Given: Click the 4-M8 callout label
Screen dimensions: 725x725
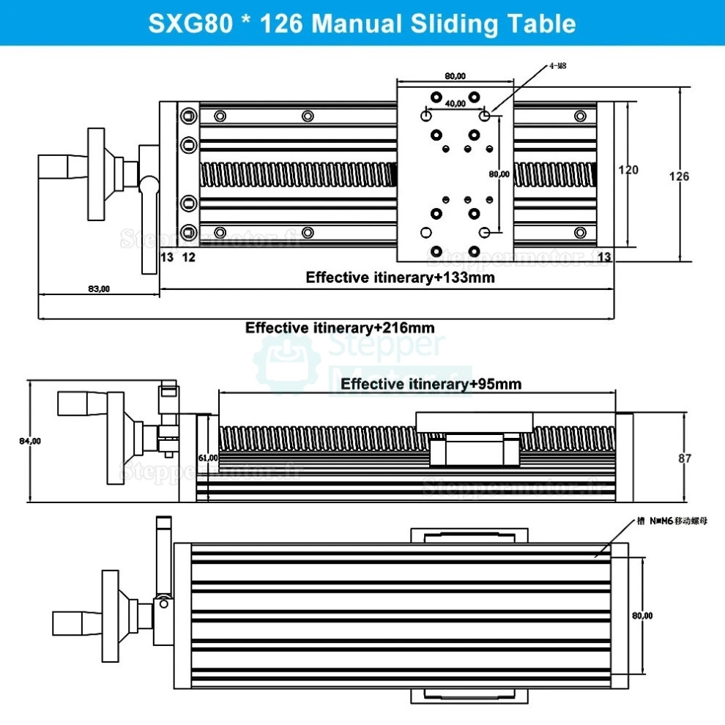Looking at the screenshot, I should point(558,66).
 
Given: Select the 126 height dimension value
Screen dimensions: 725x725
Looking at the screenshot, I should point(679,176).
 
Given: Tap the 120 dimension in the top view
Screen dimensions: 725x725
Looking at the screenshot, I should point(628,170).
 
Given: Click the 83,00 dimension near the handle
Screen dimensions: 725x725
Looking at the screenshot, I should point(98,289).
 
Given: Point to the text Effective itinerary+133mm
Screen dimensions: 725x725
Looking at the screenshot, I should point(400,278).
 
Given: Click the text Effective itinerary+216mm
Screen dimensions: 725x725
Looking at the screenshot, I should point(345,327).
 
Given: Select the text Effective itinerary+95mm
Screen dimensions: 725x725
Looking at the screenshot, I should point(431,384).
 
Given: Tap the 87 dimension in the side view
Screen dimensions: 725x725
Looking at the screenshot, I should point(684,458).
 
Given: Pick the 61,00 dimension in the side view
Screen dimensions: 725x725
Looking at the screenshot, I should point(208,458).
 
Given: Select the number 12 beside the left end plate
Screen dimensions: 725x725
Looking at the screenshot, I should point(188,256).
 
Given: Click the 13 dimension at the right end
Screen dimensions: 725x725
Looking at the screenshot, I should point(604,256).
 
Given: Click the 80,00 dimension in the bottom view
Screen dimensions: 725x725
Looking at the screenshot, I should point(642,616).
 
